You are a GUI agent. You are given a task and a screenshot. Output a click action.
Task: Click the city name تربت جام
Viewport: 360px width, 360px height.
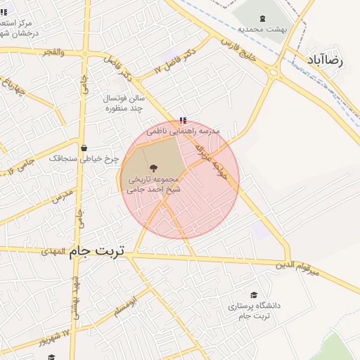tap(97, 252)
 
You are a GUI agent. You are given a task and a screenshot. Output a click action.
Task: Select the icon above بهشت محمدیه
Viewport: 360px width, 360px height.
tap(262, 18)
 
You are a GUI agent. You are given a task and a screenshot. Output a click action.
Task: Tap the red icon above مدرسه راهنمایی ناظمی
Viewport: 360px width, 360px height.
tap(183, 121)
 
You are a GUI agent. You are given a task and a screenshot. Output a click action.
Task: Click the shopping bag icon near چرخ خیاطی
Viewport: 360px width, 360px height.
tap(84, 148)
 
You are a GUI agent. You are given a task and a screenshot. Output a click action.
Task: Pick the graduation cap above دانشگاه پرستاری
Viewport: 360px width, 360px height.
tap(254, 295)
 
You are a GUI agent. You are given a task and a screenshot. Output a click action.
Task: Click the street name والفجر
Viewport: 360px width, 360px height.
tap(53, 53)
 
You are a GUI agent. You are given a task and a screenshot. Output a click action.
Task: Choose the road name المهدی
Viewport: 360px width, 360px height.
tap(53, 251)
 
